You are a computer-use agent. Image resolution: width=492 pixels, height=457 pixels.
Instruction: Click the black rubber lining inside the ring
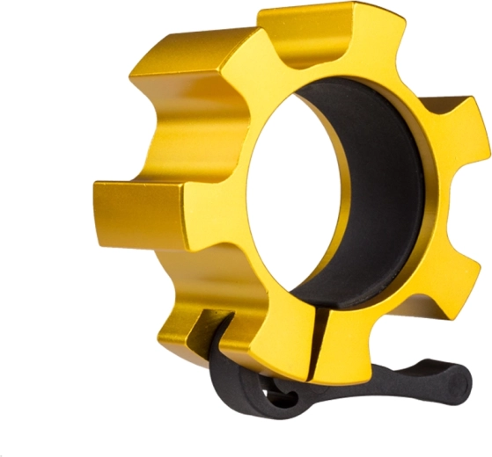coord(370,202)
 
